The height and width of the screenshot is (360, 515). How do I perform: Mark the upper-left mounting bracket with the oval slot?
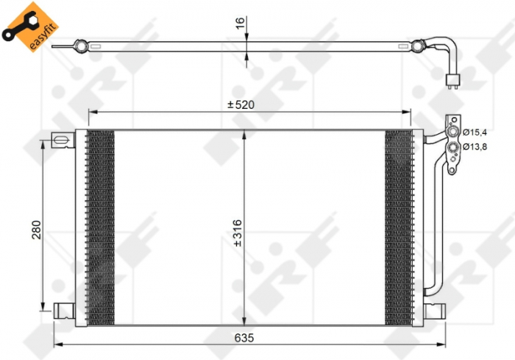coord(63,138)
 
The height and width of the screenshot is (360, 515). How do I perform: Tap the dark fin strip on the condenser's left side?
coord(101,227)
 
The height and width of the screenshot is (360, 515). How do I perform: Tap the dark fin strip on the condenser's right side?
coord(398,227)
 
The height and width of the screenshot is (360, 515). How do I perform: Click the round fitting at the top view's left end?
coord(78,46)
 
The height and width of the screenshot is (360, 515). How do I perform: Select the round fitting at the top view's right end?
coord(418,46)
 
